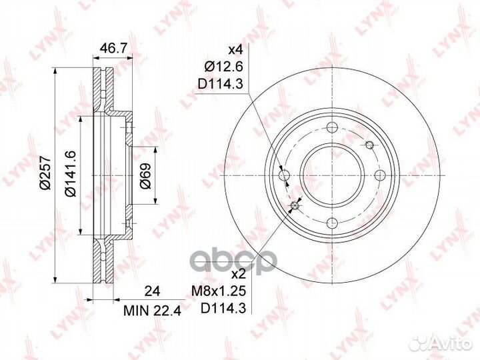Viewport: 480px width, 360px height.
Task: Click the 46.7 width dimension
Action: pos(113,47)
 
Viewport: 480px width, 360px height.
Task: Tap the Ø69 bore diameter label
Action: pos(146,175)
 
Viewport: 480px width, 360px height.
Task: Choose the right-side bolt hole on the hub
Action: pos(380,175)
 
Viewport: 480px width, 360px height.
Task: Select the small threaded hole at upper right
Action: pos(369,145)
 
